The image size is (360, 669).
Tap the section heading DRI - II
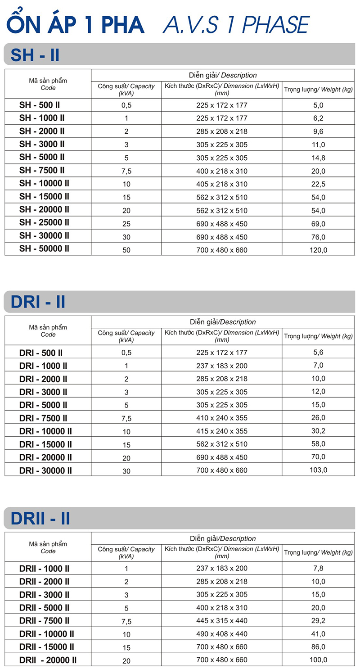point(38,302)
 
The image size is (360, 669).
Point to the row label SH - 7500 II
point(42,170)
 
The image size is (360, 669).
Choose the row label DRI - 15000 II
point(45,444)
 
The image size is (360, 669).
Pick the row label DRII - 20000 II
point(48,660)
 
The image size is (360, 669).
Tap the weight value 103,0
point(318,470)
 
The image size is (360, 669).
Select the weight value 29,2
point(318,621)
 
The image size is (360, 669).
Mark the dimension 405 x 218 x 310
point(222,184)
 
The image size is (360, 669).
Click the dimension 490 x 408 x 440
point(222,634)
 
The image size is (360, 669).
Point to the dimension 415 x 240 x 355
point(222,431)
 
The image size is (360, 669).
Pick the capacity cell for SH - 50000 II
point(126,250)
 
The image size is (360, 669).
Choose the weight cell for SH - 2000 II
point(318,131)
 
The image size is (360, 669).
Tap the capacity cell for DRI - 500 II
point(126,353)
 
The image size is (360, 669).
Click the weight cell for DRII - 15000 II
point(318,647)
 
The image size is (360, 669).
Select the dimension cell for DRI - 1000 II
point(222,366)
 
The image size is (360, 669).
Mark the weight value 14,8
point(318,158)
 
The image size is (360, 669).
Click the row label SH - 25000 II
point(44,222)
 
